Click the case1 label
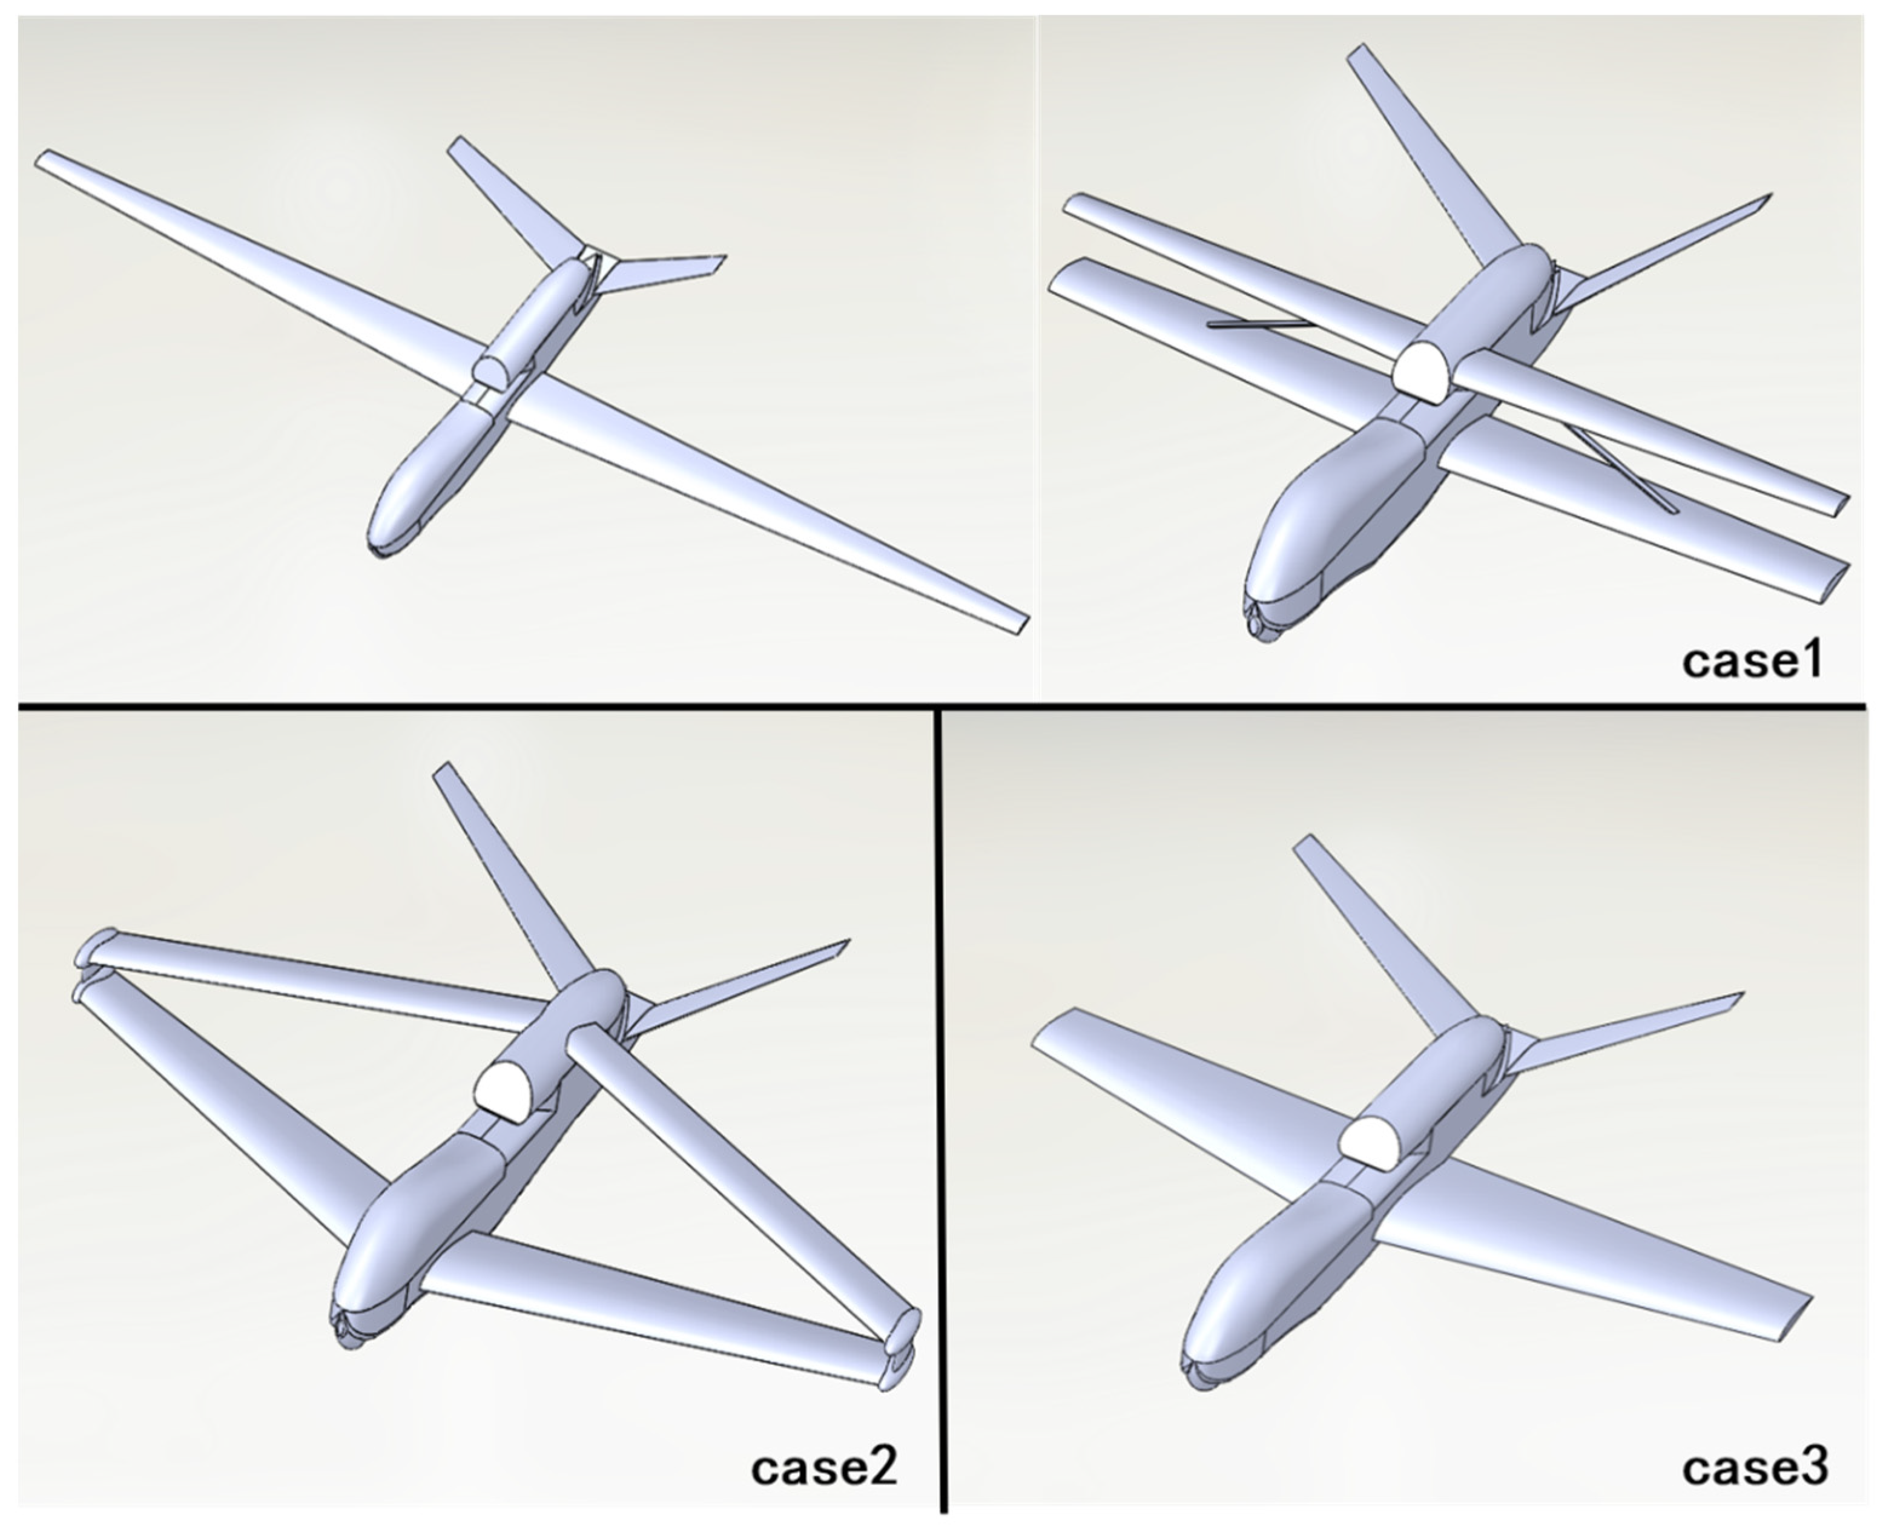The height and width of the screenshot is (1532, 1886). pos(1751,660)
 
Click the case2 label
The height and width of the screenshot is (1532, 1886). pos(823,1467)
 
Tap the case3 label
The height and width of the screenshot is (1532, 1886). pos(1755,1467)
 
